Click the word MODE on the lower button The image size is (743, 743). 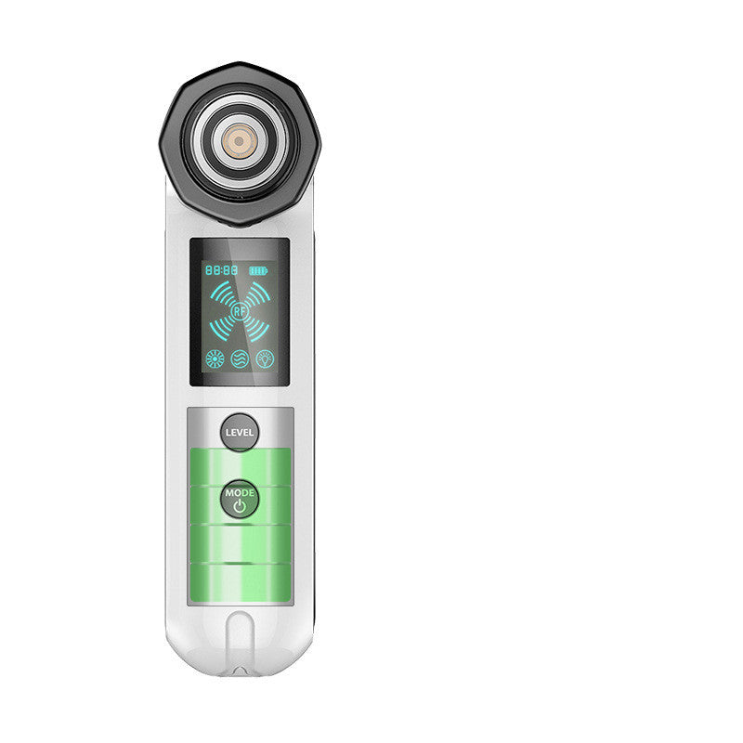pyautogui.click(x=240, y=492)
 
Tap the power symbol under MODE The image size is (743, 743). pyautogui.click(x=240, y=507)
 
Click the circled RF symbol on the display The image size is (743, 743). pyautogui.click(x=240, y=313)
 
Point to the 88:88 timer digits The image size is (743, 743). pyautogui.click(x=220, y=270)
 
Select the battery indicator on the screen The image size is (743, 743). pyautogui.click(x=258, y=270)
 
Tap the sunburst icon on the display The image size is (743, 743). pyautogui.click(x=215, y=359)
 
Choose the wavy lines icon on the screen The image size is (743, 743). pyautogui.click(x=240, y=359)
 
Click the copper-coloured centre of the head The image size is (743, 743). pyautogui.click(x=239, y=142)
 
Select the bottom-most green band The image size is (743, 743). pyautogui.click(x=240, y=582)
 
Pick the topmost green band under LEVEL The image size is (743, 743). pyautogui.click(x=240, y=463)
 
